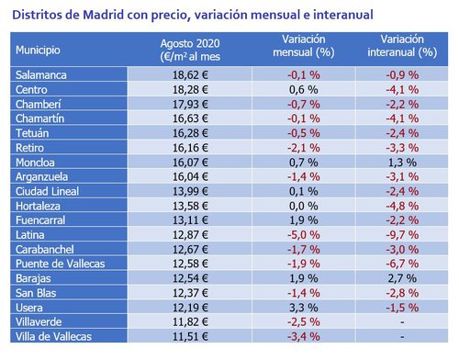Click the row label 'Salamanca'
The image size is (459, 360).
click(x=43, y=73)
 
